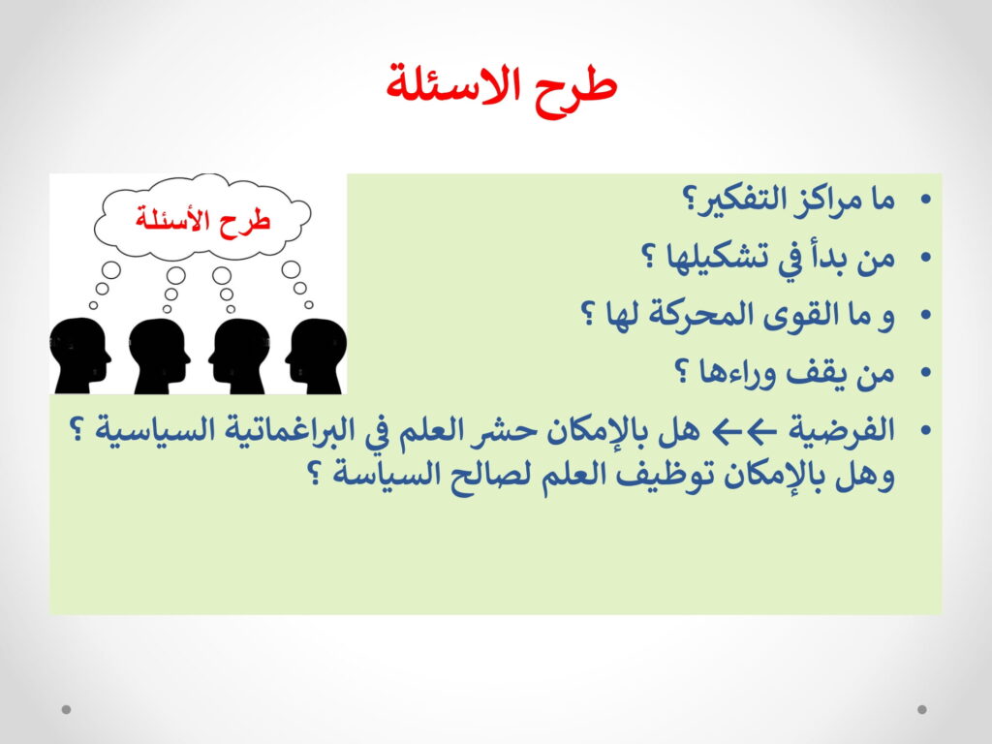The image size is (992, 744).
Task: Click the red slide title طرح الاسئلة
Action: tap(501, 88)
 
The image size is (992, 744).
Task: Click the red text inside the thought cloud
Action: tap(202, 220)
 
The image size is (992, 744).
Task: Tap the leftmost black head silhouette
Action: tap(79, 356)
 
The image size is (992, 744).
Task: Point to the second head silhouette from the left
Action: tap(160, 356)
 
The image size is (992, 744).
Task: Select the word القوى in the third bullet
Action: tap(787, 315)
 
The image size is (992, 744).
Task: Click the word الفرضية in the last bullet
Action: tap(842, 431)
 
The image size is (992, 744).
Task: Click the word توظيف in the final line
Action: tap(665, 476)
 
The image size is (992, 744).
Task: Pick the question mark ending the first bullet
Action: tap(688, 202)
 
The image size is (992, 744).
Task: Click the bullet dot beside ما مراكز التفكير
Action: tap(925, 201)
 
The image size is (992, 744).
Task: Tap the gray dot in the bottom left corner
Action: tap(67, 709)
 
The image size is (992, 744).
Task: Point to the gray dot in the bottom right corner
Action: tap(922, 709)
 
